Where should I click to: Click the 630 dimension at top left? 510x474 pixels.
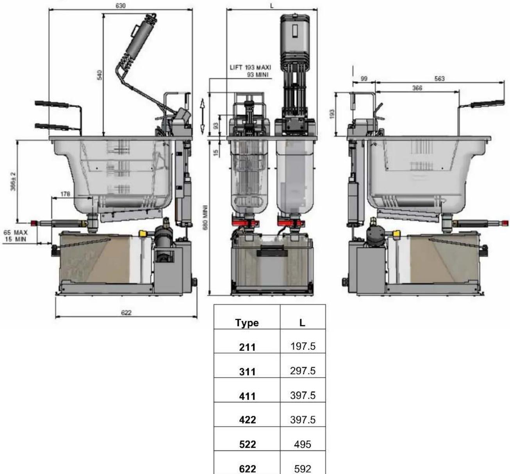pyautogui.click(x=121, y=6)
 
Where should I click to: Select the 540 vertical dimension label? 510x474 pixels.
pyautogui.click(x=99, y=75)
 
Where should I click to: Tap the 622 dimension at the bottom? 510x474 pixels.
pyautogui.click(x=126, y=313)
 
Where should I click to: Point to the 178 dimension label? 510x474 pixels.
pyautogui.click(x=66, y=194)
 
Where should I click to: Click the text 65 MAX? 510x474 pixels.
pyautogui.click(x=16, y=233)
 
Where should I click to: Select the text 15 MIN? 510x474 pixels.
pyautogui.click(x=16, y=239)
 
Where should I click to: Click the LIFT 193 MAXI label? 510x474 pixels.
pyautogui.click(x=250, y=68)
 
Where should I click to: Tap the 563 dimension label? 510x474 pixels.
pyautogui.click(x=439, y=79)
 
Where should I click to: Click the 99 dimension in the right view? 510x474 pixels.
pyautogui.click(x=364, y=79)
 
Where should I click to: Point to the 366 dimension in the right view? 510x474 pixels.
pyautogui.click(x=417, y=88)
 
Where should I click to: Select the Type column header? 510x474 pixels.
pyautogui.click(x=247, y=323)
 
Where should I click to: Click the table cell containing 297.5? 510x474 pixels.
pyautogui.click(x=303, y=371)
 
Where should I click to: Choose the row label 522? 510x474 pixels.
pyautogui.click(x=247, y=445)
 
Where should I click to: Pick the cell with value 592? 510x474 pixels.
pyautogui.click(x=303, y=468)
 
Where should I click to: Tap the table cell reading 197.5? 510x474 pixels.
pyautogui.click(x=303, y=347)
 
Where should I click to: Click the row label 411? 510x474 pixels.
pyautogui.click(x=247, y=396)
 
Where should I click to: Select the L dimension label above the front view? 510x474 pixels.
pyautogui.click(x=272, y=6)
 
